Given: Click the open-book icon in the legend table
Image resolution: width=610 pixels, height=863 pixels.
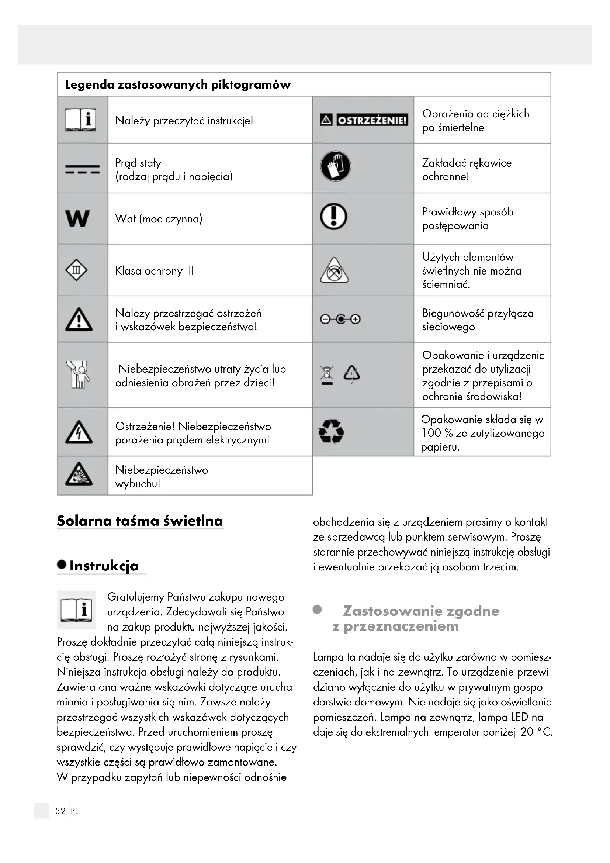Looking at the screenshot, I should point(80,120).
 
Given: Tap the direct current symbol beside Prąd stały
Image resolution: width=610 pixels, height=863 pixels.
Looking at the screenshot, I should point(82,169).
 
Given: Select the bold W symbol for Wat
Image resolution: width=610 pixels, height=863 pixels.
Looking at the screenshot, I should point(77,218).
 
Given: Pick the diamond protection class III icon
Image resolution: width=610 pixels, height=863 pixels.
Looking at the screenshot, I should point(76,270).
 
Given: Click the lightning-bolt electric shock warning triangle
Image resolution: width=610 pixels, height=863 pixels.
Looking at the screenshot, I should point(79,432).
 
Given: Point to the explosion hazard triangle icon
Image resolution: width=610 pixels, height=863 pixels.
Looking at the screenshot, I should point(79,474).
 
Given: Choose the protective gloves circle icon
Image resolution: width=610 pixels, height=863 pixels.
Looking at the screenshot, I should point(335,166).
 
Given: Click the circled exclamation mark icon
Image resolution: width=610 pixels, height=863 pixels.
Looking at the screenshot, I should point(333,217).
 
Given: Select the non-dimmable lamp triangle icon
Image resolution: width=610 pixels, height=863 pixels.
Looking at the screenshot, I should point(334,270).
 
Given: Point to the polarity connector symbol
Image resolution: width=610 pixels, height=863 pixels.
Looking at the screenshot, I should point(340,319).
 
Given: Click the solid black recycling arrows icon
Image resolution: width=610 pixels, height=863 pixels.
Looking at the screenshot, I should point(331,432).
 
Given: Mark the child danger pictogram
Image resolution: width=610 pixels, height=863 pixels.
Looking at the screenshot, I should point(78,374).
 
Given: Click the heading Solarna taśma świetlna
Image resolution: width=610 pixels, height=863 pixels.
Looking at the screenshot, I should point(140,521).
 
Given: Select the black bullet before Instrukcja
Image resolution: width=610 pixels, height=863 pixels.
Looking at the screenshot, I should point(62,565).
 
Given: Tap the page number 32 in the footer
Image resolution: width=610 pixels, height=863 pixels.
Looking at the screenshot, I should point(60,811).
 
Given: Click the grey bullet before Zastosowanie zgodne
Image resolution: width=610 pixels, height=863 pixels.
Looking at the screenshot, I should point(318,609).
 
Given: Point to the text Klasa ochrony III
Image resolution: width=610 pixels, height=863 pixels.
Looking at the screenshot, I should point(155,270).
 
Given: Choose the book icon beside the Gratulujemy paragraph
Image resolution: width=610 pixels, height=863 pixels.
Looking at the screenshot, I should point(76,610).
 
